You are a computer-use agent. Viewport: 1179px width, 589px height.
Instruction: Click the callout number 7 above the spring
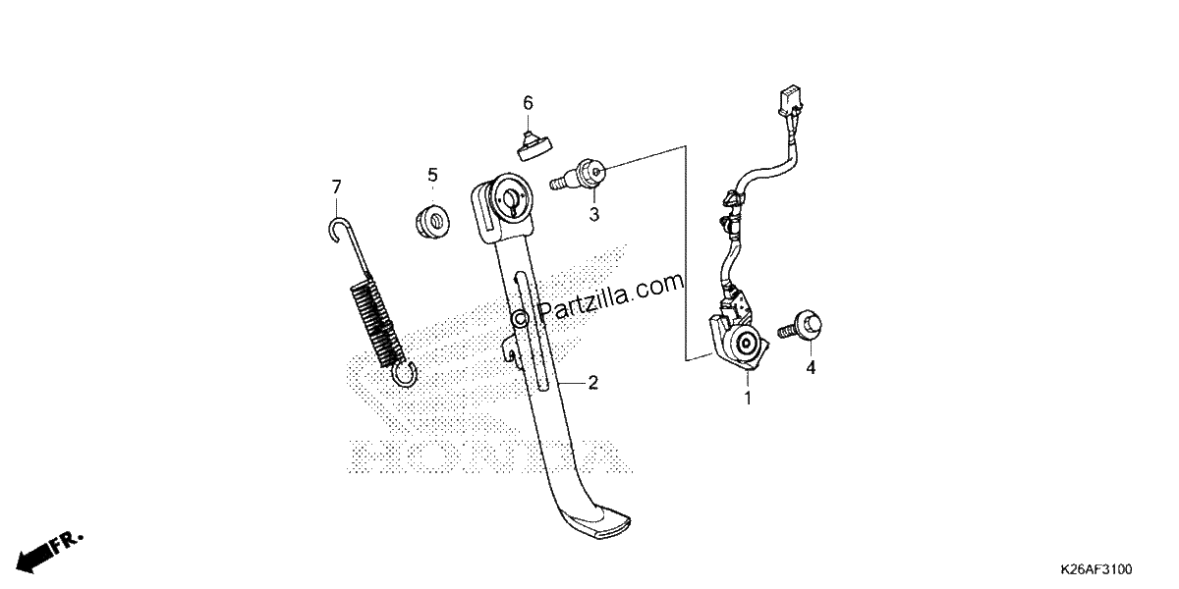coord(336,187)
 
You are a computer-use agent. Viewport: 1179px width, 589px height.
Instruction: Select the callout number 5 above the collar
coord(432,175)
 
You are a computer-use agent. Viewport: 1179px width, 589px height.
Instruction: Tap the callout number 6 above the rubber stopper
coord(528,103)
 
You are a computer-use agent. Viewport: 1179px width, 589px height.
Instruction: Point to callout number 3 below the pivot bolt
coord(594,215)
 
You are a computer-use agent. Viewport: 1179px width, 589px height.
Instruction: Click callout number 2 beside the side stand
coord(593,383)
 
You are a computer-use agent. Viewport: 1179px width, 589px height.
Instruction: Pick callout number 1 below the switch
coord(748,399)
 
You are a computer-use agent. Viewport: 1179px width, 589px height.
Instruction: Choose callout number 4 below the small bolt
coord(812,367)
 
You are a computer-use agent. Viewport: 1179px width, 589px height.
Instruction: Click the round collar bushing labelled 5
coord(432,223)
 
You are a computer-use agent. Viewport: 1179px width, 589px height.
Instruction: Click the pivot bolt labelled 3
coord(578,175)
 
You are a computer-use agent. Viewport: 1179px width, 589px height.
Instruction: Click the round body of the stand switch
coord(747,344)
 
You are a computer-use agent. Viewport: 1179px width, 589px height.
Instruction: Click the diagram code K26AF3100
coord(1096,569)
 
